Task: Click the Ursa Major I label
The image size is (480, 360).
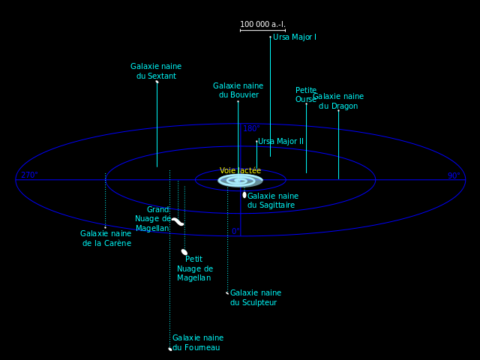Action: (294, 37)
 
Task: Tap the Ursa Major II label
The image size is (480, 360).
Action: (280, 141)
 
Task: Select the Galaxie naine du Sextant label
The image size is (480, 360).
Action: (156, 71)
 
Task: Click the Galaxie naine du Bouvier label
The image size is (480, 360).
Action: (238, 91)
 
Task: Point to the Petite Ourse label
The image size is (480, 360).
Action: (306, 94)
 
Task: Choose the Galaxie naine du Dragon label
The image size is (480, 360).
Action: (338, 101)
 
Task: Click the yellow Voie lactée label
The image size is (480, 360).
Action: (240, 171)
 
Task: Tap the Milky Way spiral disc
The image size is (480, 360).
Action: (240, 181)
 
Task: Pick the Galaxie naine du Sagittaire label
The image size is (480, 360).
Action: (273, 200)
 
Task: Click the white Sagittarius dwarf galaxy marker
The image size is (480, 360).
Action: (244, 195)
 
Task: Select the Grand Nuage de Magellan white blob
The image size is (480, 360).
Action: (178, 221)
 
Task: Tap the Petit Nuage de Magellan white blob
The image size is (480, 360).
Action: (184, 252)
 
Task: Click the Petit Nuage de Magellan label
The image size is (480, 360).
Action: (194, 268)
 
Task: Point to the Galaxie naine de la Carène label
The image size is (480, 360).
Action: (106, 238)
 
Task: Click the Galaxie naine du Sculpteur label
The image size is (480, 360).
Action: (256, 298)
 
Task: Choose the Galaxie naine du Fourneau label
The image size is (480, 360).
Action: (198, 343)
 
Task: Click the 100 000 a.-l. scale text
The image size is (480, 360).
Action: (262, 25)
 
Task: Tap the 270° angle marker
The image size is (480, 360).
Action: (28, 175)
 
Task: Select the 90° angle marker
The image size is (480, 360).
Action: (454, 175)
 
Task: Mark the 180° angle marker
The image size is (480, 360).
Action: (250, 129)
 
